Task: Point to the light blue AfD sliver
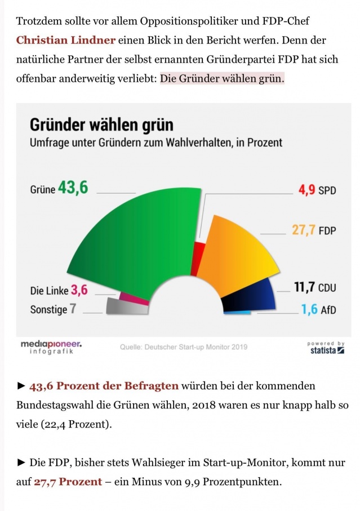click(x=237, y=313)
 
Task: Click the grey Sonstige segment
click(x=127, y=306)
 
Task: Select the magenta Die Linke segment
click(x=134, y=298)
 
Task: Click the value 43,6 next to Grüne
click(x=73, y=188)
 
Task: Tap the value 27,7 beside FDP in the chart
click(x=303, y=230)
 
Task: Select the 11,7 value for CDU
click(x=304, y=287)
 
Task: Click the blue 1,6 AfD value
click(x=309, y=309)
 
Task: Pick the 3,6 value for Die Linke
click(x=79, y=290)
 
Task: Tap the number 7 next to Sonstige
click(x=73, y=308)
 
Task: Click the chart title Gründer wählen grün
click(x=101, y=125)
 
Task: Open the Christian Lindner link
click(x=66, y=40)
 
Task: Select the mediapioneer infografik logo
click(x=51, y=347)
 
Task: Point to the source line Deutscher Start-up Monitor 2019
click(x=184, y=346)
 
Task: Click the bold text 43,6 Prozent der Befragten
click(x=104, y=386)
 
